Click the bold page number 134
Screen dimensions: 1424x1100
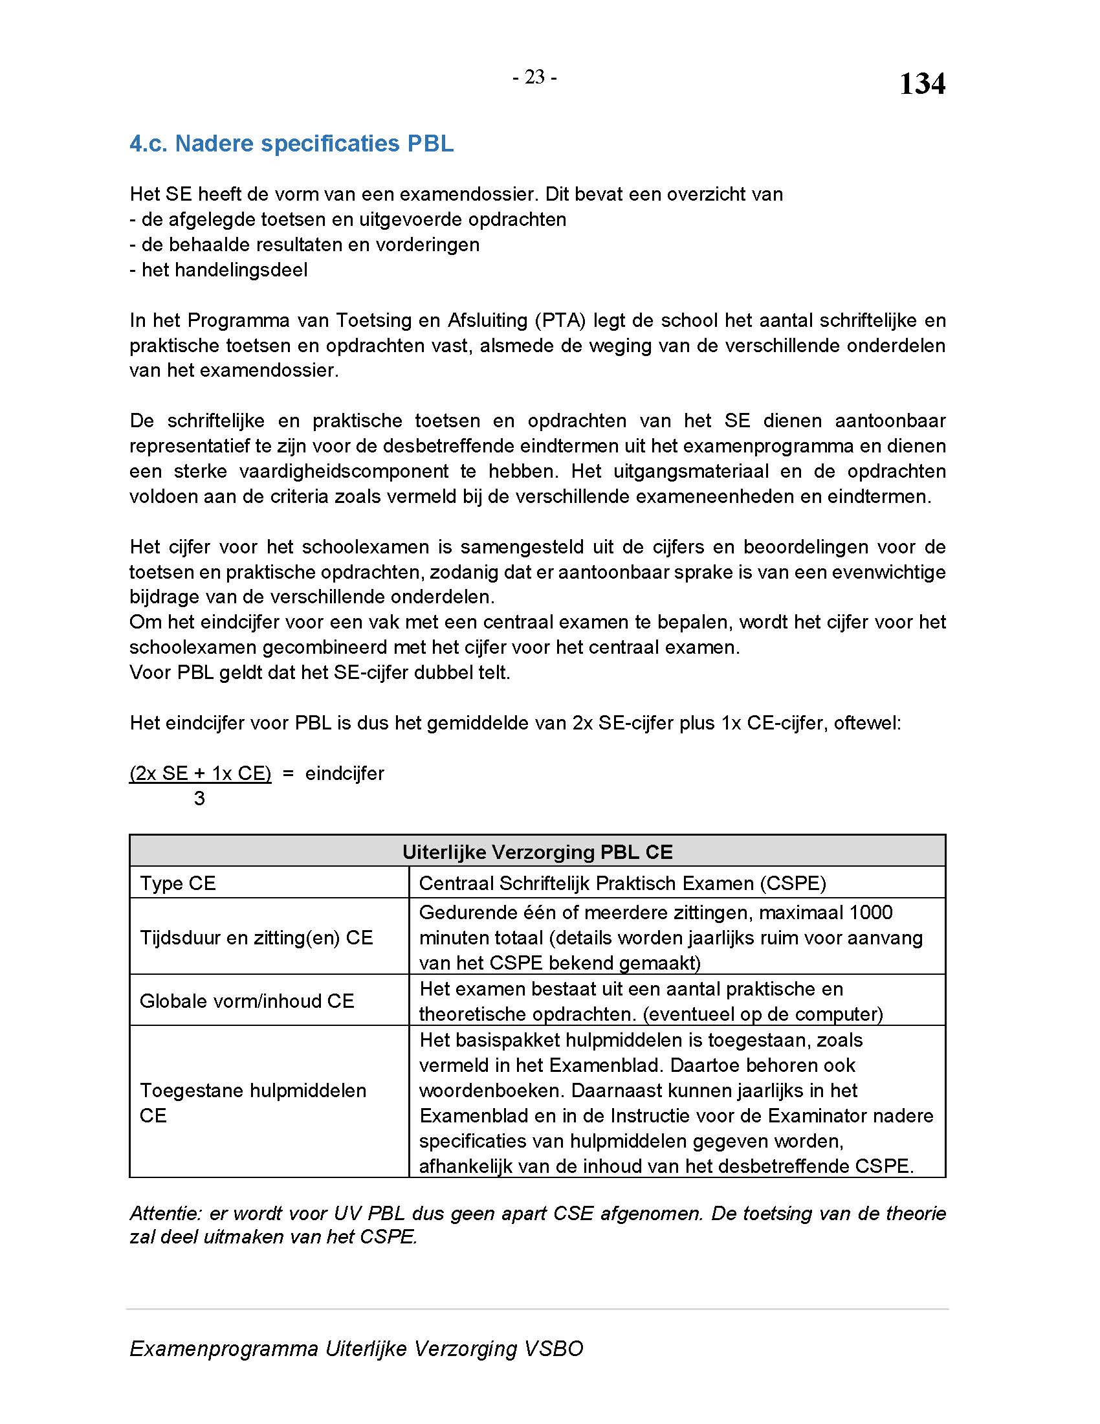921,84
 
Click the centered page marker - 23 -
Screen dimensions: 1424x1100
534,77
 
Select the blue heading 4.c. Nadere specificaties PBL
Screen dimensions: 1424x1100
291,144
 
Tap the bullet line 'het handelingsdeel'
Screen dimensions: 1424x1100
218,269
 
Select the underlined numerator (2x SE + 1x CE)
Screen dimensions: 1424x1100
200,773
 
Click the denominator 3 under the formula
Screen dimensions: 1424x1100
199,798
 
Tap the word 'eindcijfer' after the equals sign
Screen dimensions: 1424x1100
345,773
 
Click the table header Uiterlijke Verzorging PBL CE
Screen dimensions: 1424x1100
537,852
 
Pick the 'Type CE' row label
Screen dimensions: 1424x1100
177,883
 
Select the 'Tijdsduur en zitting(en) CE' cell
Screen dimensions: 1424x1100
256,937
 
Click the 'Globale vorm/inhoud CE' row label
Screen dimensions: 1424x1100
247,1001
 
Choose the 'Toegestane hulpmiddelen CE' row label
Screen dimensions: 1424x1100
253,1102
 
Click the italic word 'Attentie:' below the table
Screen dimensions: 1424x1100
166,1213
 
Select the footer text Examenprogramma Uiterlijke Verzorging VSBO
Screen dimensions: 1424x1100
356,1348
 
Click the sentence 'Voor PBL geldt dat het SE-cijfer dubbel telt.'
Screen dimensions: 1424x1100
319,673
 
